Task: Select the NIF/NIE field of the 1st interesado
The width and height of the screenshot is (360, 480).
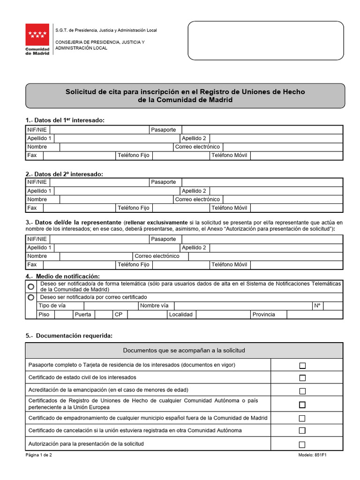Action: coord(99,129)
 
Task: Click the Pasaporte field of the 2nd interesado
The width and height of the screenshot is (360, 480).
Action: coord(262,182)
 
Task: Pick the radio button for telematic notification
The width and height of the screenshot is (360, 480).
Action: coord(31,286)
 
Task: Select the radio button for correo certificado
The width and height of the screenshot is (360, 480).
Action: coord(31,297)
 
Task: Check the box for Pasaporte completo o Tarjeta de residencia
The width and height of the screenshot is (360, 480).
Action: coord(302,366)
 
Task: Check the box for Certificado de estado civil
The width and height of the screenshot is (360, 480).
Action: coord(302,378)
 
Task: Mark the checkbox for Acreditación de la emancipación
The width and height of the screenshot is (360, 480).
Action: coord(302,391)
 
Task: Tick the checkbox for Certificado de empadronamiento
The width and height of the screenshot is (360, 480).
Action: coord(302,418)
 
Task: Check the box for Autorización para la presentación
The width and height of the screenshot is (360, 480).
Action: coord(302,444)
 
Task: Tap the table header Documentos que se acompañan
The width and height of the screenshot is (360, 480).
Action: coord(184,351)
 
